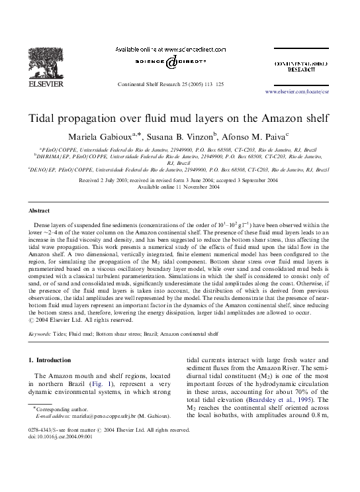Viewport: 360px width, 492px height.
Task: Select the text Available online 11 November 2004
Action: tap(179, 187)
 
